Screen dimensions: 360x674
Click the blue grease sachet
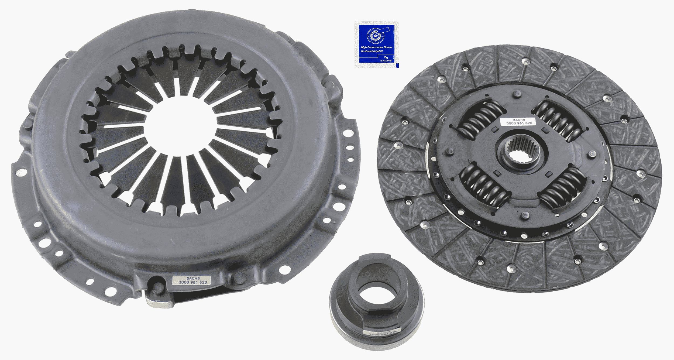[x=376, y=45]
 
